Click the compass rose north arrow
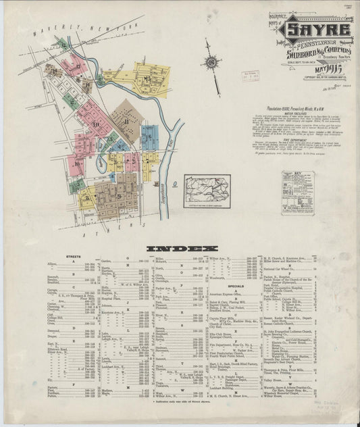click(211, 63)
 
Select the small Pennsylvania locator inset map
click(207, 189)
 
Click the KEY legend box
click(298, 193)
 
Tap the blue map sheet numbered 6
click(149, 136)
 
